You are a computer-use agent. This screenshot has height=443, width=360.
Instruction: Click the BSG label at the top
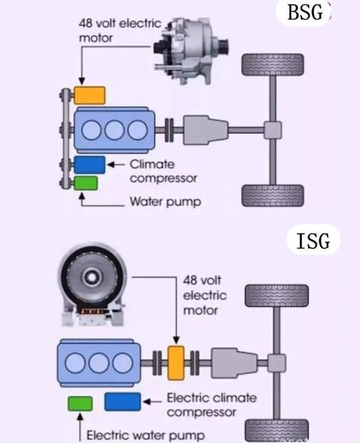coord(305,13)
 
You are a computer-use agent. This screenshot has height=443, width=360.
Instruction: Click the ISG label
coord(313,241)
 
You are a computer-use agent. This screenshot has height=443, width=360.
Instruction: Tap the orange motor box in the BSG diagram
coord(90,95)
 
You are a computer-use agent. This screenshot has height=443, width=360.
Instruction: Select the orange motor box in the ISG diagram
coord(176,363)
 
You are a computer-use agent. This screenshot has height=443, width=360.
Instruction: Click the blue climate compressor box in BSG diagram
coord(90,164)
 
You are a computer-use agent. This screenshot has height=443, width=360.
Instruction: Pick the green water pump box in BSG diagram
coord(86,183)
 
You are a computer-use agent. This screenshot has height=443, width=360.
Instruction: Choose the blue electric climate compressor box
coord(123,402)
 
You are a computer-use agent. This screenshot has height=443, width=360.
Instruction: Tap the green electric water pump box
coord(80,403)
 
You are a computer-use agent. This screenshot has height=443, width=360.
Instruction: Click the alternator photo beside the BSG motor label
coord(191,50)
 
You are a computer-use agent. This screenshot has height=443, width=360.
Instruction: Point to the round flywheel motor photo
coord(92,284)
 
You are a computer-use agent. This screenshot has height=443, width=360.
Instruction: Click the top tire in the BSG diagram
coord(272,64)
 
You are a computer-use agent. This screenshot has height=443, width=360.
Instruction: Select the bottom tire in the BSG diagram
coord(272,195)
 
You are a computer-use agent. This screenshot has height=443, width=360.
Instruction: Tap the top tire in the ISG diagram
coord(277,296)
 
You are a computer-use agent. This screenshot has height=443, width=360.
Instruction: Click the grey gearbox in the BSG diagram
coord(206,130)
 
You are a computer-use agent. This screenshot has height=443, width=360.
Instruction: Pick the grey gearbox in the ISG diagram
coord(234,363)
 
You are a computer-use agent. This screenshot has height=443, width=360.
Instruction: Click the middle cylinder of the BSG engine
coord(114,130)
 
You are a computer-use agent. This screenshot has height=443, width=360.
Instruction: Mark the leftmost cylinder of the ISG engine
coord(75,363)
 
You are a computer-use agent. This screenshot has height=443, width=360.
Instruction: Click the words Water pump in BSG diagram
coord(165,202)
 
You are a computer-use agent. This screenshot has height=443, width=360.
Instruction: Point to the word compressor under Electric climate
coord(201,412)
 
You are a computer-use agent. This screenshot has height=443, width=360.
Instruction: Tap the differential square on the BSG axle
coord(272,130)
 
